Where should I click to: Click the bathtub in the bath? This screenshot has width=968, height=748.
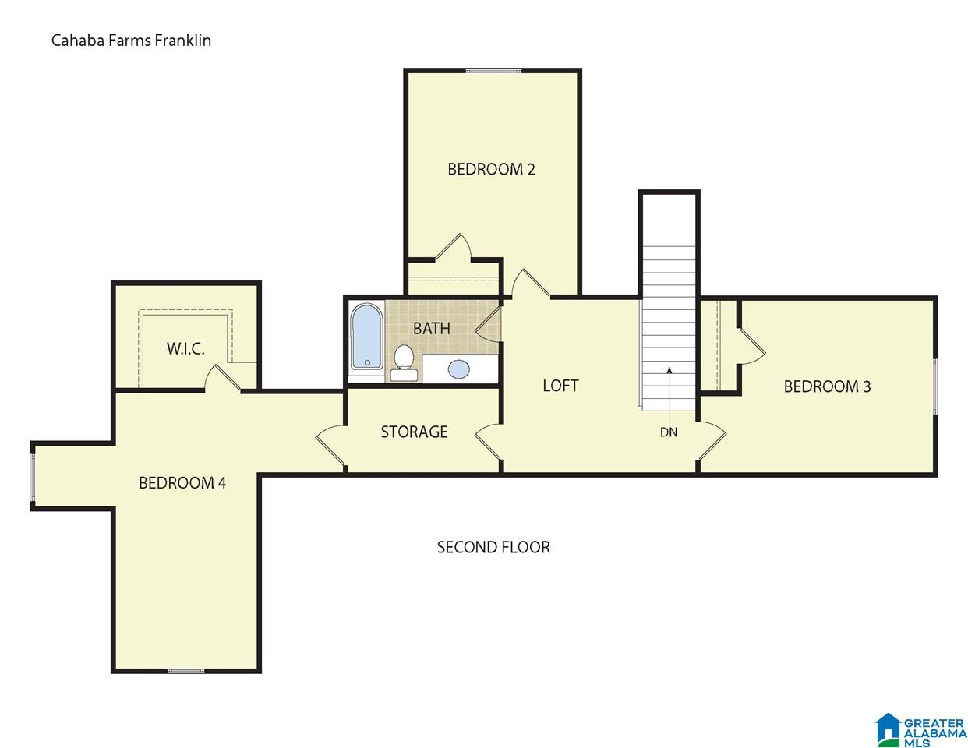366,337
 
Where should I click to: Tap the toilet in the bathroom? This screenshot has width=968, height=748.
404,362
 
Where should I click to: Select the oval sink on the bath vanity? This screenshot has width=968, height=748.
459,369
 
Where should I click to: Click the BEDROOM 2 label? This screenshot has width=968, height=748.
491,169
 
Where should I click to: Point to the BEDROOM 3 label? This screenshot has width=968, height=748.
827,386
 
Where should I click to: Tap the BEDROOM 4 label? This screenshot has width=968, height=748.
182,482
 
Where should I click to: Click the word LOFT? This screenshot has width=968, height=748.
560,386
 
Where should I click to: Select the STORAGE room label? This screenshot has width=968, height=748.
414,432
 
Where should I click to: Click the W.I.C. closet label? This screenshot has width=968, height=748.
185,348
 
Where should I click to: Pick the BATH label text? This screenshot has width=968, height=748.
431,329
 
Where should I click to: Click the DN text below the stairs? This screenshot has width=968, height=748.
669,432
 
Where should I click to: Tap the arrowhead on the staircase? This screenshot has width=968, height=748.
669,371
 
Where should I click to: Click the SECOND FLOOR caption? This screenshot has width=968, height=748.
493,547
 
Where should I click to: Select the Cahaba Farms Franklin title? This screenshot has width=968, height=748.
131,41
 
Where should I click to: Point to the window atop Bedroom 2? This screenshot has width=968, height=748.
493,70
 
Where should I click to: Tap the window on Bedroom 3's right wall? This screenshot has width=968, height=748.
935,386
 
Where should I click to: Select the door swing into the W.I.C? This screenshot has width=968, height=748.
222,378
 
